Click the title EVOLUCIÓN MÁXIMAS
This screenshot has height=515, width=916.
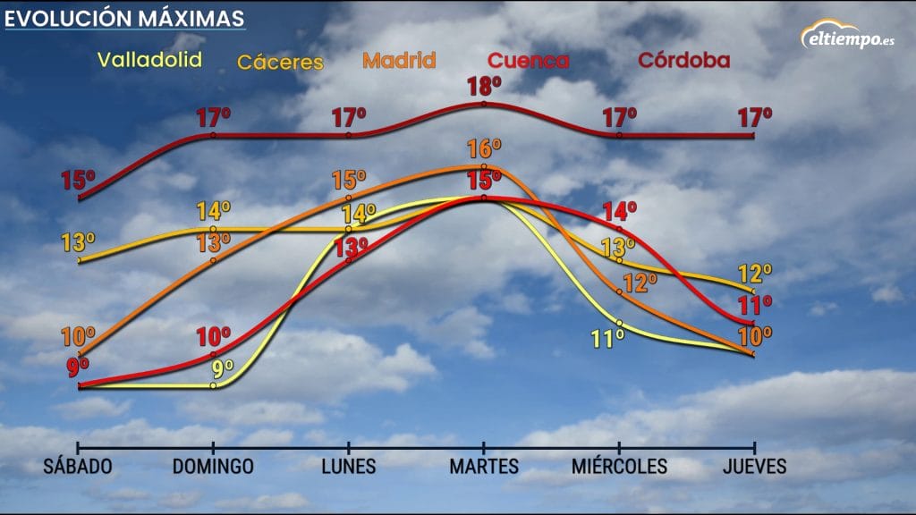point(124,18)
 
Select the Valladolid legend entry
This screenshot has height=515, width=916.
point(149,60)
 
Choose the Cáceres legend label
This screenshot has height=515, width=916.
point(279,63)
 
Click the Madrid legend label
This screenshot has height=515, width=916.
point(399,61)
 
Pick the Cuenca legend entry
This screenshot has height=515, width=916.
point(528,61)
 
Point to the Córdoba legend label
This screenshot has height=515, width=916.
point(683,61)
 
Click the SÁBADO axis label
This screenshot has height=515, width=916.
point(78,467)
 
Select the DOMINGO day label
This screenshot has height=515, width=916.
point(213,467)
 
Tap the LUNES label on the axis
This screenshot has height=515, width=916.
point(348,467)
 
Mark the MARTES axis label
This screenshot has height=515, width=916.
point(484,467)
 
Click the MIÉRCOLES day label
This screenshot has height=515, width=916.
point(619,467)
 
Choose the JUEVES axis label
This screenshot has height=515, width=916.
point(755,467)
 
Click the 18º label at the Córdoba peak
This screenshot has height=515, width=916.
point(484,87)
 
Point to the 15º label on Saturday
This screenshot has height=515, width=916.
point(78,180)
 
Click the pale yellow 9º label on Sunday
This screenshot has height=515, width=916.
point(223,367)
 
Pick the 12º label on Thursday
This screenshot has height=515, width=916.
point(754,274)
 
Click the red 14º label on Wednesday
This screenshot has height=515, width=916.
point(619,212)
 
